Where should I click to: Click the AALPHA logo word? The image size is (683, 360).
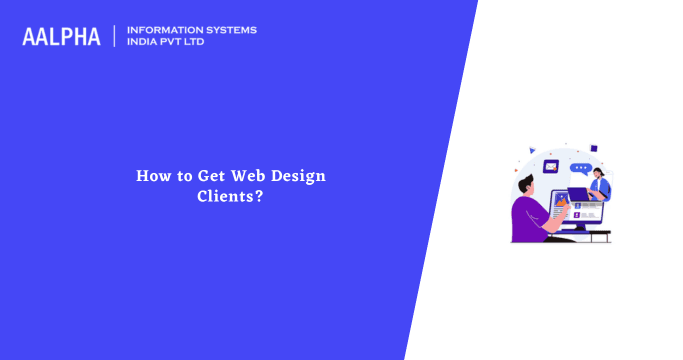61,37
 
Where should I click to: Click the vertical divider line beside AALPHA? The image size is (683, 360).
115,36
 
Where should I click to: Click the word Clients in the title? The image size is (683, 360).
226,196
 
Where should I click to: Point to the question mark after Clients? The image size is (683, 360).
260,196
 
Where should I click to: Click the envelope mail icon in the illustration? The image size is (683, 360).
550,166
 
